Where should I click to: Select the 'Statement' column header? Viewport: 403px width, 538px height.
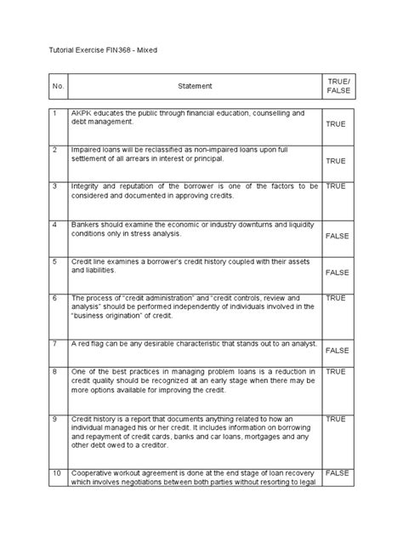pos(195,86)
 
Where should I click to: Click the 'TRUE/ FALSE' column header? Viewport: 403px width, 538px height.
pos(338,86)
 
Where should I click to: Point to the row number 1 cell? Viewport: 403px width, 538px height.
pos(54,113)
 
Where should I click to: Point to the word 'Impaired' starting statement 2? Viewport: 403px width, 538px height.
pos(88,150)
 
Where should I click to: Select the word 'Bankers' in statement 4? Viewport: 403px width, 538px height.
pos(88,225)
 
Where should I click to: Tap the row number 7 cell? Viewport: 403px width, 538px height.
pos(54,343)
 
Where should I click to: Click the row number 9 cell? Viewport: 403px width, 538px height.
pos(54,419)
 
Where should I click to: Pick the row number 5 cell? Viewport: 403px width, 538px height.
pos(54,261)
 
